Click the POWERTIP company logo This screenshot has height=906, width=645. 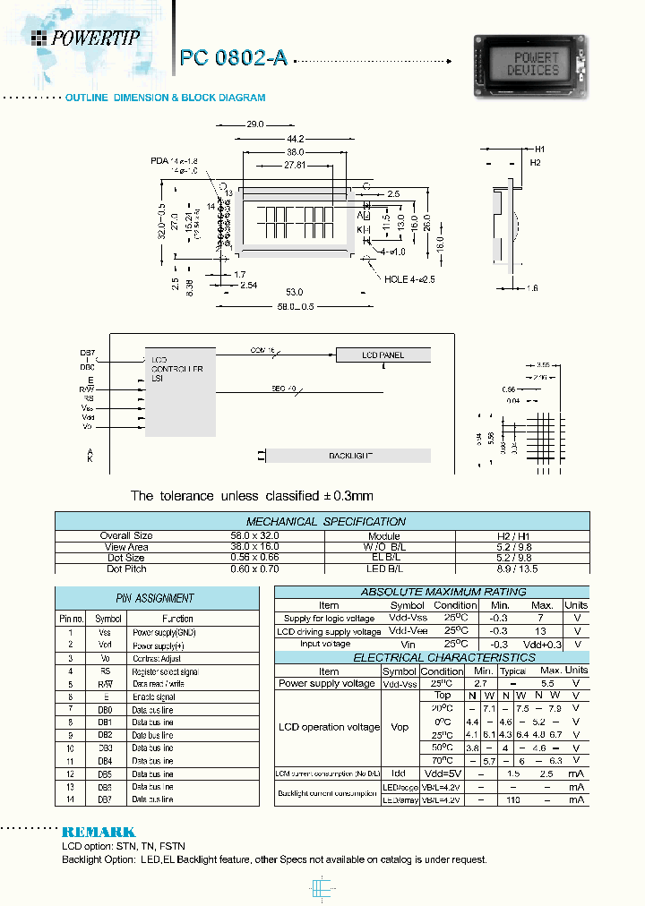84,37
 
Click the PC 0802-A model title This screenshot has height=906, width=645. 233,58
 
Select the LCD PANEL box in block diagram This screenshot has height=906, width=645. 383,355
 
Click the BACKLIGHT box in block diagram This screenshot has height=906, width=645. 349,456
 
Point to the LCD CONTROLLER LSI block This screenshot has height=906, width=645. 179,391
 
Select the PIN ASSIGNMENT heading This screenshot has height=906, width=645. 143,598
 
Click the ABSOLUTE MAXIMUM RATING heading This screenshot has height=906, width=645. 431,592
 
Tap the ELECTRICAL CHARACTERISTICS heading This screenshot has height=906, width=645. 431,657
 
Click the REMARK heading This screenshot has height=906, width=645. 99,832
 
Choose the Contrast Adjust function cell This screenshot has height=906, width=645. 158,658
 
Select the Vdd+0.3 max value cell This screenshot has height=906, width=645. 543,645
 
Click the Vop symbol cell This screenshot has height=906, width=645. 400,727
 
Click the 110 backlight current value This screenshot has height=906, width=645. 513,799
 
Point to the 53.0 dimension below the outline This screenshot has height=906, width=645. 295,293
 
